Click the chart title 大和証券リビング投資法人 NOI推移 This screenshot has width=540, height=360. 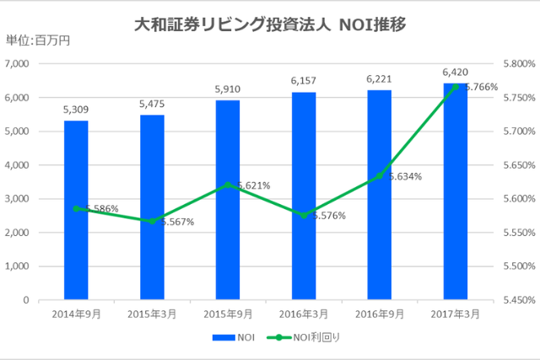tap(271, 24)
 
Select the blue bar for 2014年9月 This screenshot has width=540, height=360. tap(76, 210)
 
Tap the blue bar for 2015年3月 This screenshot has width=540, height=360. tap(152, 207)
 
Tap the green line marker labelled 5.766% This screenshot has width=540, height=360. tap(456, 87)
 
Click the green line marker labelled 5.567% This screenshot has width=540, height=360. tap(152, 221)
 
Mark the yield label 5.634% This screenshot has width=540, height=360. tap(405, 176)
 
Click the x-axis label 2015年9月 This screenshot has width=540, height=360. tap(228, 314)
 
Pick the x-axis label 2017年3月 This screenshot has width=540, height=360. tap(456, 314)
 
